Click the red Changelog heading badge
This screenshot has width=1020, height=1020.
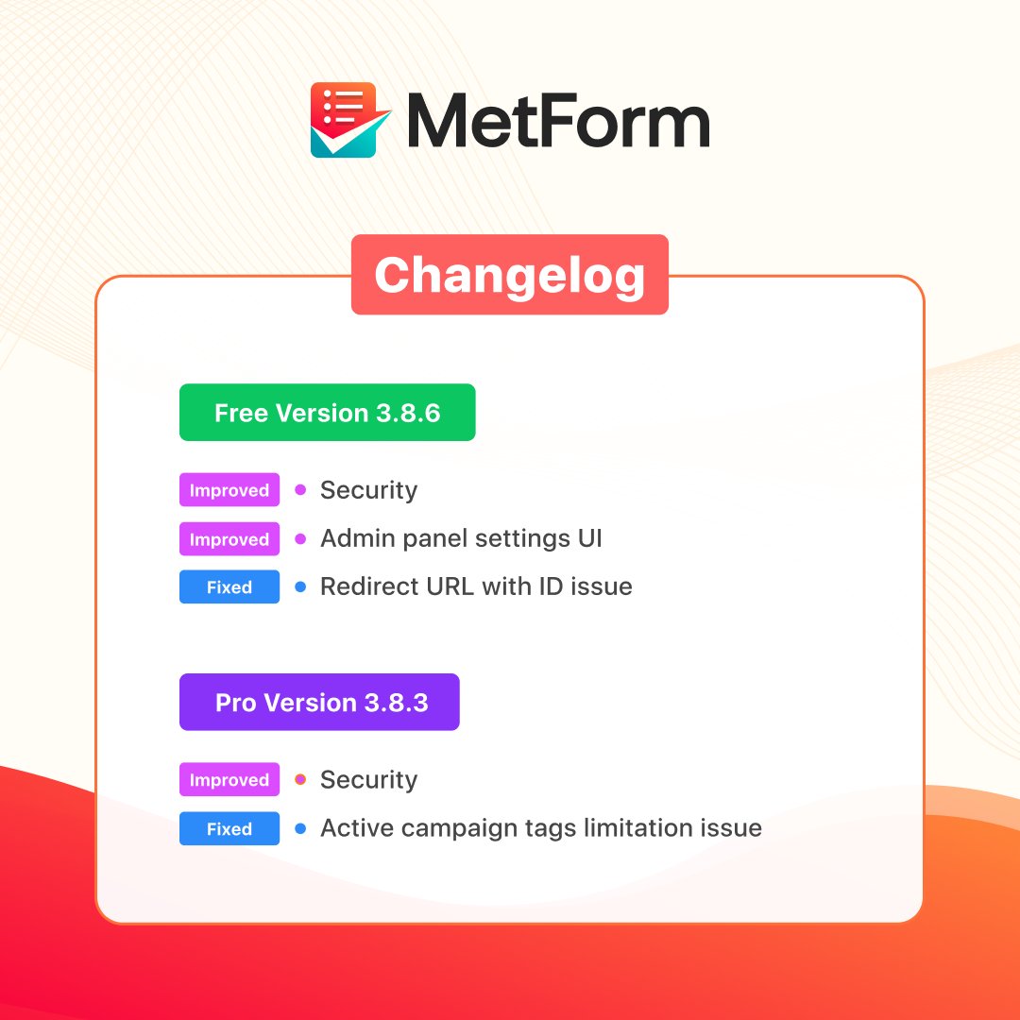point(509,275)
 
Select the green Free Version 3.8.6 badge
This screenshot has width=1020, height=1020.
point(327,413)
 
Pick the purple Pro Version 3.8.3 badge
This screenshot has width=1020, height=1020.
point(319,703)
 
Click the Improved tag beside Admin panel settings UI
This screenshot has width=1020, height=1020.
point(229,539)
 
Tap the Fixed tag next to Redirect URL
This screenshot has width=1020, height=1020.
point(229,587)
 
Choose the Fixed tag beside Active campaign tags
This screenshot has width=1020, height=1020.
point(229,829)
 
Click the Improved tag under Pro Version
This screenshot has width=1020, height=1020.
point(229,780)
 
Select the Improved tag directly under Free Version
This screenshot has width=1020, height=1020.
point(229,490)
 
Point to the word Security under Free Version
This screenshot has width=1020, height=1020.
point(368,490)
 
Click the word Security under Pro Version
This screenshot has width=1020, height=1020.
point(368,780)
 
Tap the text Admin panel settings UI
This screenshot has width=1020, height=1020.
point(461,539)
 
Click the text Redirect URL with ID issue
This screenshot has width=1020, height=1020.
point(476,587)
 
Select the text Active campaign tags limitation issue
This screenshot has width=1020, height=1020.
point(540,828)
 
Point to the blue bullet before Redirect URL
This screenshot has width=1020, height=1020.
point(300,587)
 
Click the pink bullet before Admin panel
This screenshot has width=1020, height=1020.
point(300,539)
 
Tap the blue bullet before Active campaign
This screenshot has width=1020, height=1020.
point(300,829)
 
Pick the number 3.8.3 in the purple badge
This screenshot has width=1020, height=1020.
point(396,703)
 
